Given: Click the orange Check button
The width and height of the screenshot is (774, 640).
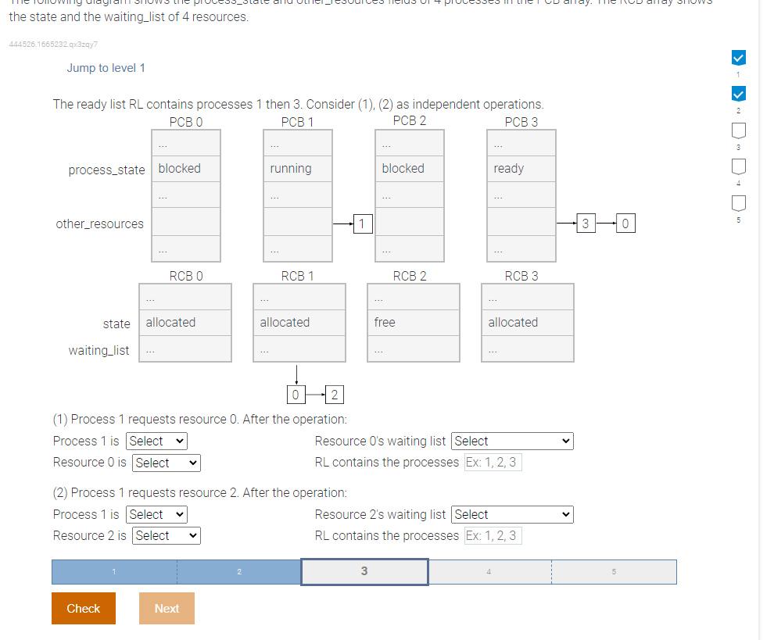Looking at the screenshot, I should [83, 608].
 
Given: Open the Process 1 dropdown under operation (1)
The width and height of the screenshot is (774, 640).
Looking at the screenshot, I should [156, 441].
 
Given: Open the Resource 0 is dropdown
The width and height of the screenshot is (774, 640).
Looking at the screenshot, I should [166, 463].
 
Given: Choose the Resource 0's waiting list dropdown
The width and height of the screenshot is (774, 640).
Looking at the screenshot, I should [512, 441].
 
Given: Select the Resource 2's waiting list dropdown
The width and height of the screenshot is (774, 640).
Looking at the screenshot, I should [512, 514].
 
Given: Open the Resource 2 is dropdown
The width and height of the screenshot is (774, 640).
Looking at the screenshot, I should [166, 535].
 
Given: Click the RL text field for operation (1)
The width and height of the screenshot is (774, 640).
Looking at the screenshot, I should [492, 462].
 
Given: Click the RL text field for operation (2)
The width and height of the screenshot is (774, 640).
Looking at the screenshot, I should [492, 535].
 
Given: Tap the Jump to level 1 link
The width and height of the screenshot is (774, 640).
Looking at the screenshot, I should [106, 68].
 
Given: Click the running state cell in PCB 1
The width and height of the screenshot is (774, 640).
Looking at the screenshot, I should [297, 169].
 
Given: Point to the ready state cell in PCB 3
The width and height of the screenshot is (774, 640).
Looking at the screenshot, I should [521, 169].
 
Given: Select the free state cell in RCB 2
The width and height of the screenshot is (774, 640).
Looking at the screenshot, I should [413, 322].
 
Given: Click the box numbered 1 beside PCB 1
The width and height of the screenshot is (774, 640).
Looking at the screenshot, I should [361, 224].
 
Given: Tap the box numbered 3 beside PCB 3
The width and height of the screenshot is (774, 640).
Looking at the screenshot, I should [585, 224].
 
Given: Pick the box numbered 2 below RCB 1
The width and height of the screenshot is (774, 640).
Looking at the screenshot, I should [335, 395].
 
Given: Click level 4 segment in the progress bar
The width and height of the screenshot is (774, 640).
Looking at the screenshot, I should [489, 572].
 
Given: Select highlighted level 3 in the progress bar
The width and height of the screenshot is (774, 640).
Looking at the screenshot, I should [364, 572].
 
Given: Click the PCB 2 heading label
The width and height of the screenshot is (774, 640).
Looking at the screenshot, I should [410, 121].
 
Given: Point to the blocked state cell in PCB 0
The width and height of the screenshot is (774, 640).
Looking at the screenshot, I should [185, 169].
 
